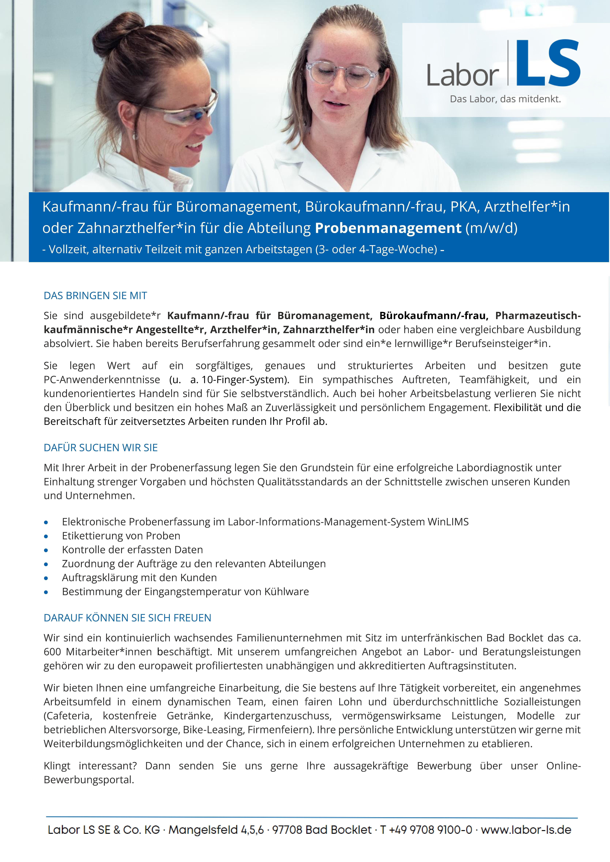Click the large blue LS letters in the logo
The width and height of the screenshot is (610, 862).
tap(548, 63)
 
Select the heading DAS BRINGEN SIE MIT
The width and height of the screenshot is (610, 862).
tap(95, 296)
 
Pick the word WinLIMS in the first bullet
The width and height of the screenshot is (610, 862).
tap(448, 522)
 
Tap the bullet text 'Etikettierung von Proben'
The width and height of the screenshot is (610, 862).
tap(121, 536)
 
